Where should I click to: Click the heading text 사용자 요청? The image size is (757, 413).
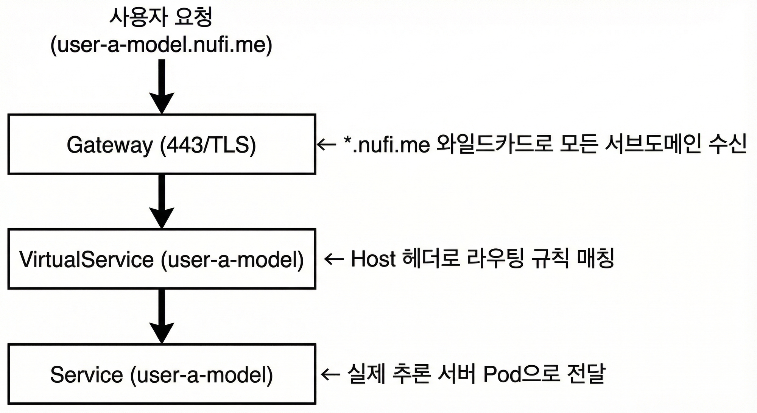click(x=161, y=18)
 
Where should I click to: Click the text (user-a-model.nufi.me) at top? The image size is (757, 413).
click(x=161, y=45)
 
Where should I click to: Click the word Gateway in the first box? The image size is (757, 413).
click(x=109, y=145)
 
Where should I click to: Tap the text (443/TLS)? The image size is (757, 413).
click(x=208, y=145)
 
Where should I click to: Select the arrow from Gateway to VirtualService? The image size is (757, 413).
click(x=162, y=201)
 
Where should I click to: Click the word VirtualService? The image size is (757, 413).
click(x=87, y=260)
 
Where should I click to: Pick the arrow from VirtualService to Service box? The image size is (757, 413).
click(x=162, y=316)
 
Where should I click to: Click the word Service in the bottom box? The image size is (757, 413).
click(x=87, y=375)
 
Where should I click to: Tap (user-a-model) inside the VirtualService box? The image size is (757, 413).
click(x=232, y=260)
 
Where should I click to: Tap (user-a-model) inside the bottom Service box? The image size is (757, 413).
click(x=201, y=375)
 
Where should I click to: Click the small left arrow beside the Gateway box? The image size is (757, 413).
click(x=326, y=144)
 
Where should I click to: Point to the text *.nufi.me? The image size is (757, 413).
click(x=386, y=144)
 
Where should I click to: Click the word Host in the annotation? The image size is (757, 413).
click(x=373, y=259)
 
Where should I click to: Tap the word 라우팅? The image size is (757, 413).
click(x=496, y=259)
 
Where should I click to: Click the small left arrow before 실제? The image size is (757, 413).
click(x=330, y=374)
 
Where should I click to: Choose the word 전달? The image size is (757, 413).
click(x=586, y=374)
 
